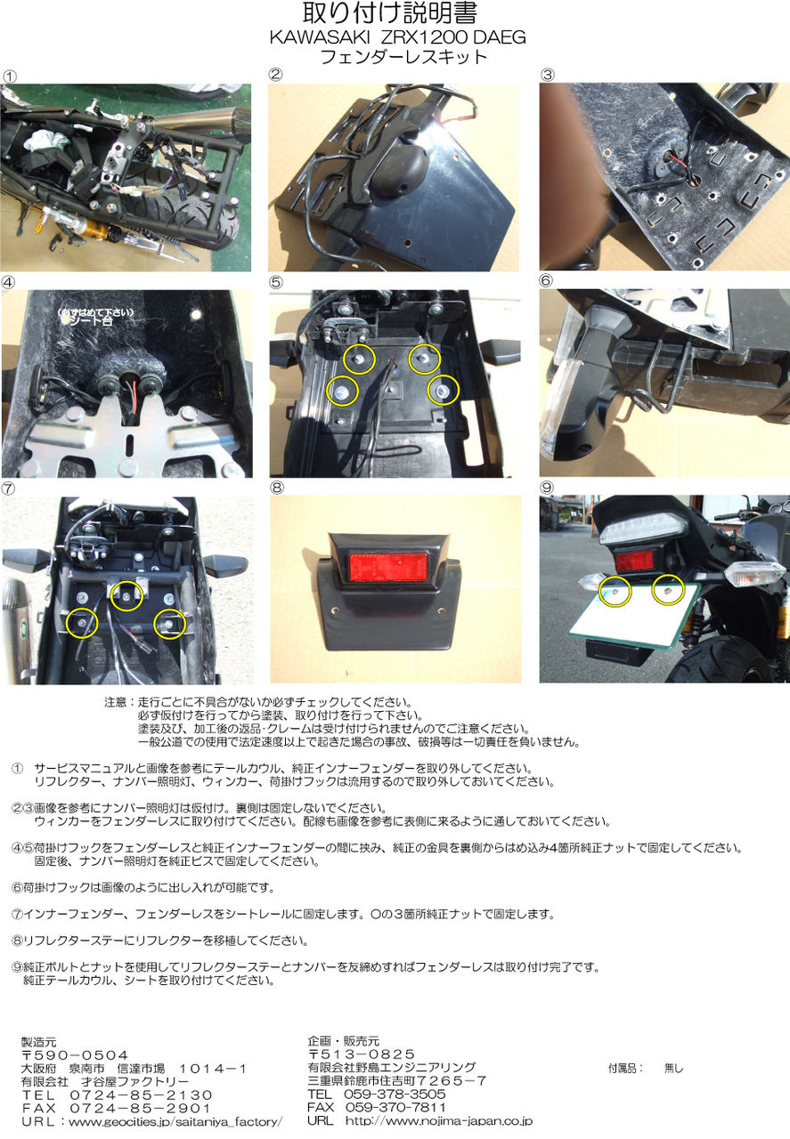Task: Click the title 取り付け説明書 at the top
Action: tap(390, 13)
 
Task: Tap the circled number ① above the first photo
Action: tap(10, 77)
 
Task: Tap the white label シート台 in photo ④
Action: tap(92, 321)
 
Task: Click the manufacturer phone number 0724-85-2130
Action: tap(141, 1095)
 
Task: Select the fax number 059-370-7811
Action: tap(395, 1107)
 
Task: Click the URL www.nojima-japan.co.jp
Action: tap(439, 1120)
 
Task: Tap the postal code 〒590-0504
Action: tap(75, 1055)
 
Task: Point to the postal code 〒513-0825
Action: tap(362, 1054)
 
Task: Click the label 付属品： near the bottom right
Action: tap(625, 1069)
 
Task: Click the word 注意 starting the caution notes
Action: tap(115, 702)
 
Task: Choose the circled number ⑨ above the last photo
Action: tap(547, 488)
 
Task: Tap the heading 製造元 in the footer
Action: tap(38, 1042)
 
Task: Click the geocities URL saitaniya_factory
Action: tap(175, 1121)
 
